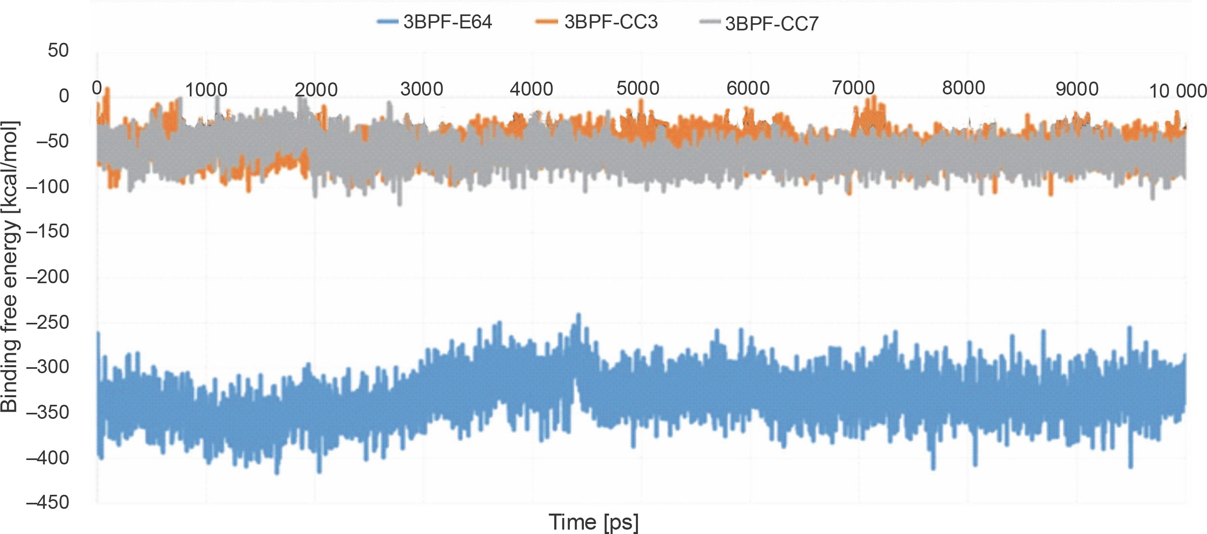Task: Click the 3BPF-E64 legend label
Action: [x=448, y=22]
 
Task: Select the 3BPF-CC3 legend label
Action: [x=611, y=22]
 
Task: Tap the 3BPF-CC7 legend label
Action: [x=772, y=24]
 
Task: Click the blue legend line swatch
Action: [x=387, y=22]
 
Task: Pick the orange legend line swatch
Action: [x=546, y=22]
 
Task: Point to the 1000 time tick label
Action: [x=206, y=90]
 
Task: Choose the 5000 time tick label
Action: [x=638, y=88]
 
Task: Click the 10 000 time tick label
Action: [x=1177, y=91]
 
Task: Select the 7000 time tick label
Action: [x=853, y=88]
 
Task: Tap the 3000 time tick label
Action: [x=422, y=89]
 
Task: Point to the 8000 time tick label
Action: [x=963, y=88]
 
